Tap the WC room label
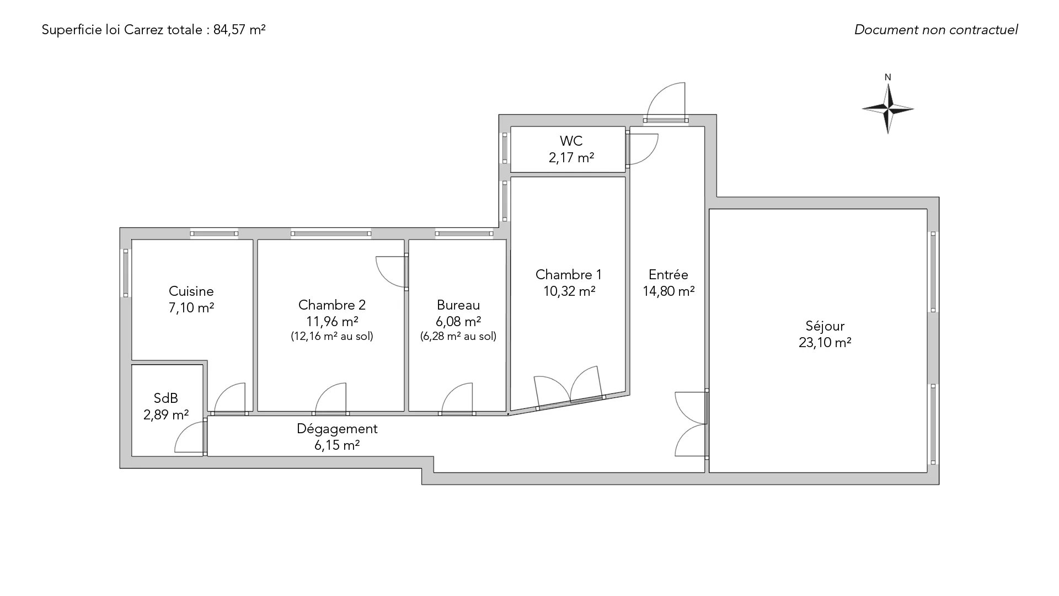coord(571,141)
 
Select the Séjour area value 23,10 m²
coord(825,343)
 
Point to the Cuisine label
coord(191,291)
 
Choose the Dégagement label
coord(337,429)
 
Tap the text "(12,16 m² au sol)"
coord(332,336)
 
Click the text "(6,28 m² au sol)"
coord(458,336)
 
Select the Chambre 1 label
coord(569,275)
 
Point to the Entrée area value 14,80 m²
coord(668,291)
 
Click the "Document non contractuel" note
coord(936,30)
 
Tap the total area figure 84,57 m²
coord(239,30)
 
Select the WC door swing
coord(643,149)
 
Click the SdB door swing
coord(190,437)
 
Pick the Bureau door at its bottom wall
coord(457,398)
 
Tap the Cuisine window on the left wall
coord(126,273)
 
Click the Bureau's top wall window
coord(464,233)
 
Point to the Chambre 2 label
coord(332,305)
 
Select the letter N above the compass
coord(888,77)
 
